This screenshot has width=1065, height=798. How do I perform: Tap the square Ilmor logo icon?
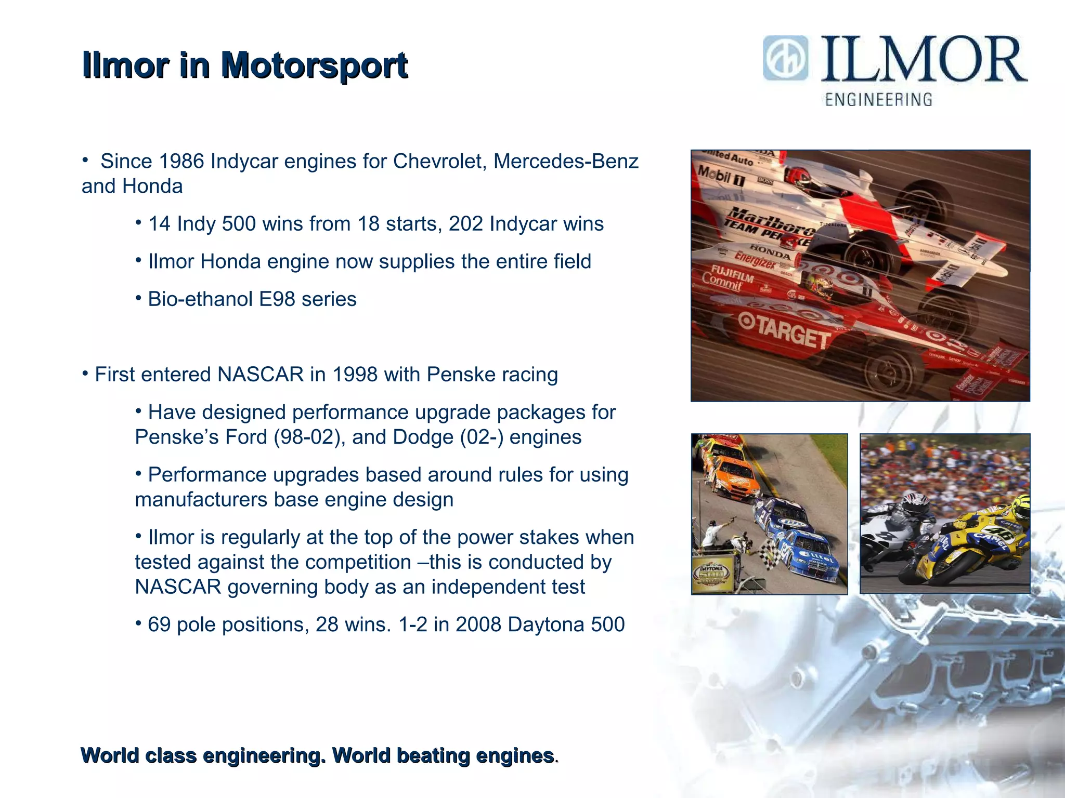click(x=786, y=58)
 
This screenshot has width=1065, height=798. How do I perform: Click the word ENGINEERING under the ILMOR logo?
click(x=879, y=99)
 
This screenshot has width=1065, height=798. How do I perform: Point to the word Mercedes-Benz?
click(x=566, y=162)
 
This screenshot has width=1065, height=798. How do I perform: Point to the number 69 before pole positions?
click(x=159, y=624)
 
